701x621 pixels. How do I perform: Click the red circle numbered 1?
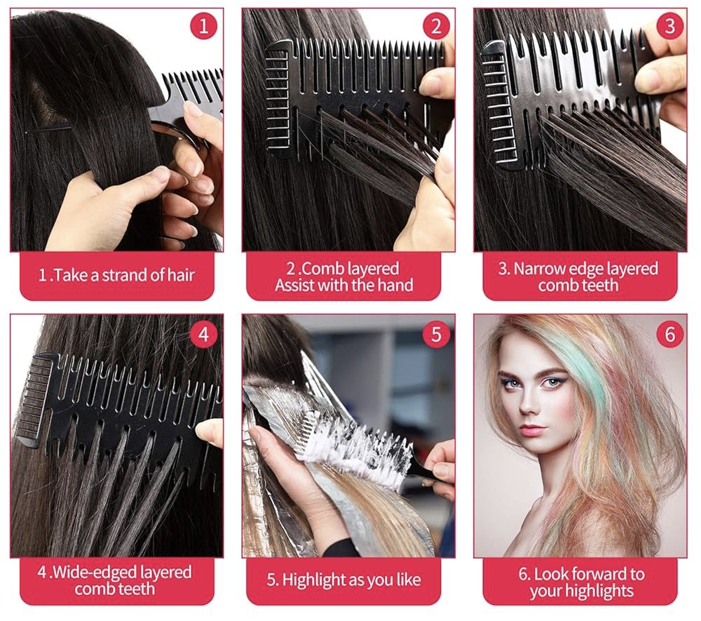[204, 25]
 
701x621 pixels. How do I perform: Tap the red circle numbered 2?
[436, 25]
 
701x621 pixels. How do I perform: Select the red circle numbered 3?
[669, 25]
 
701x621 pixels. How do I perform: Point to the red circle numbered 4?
[204, 334]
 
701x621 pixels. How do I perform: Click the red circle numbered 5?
[436, 334]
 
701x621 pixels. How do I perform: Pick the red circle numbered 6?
[669, 334]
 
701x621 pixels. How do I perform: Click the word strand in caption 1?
[124, 275]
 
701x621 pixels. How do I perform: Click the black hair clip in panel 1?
[48, 129]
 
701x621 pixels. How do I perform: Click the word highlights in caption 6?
[582, 591]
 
